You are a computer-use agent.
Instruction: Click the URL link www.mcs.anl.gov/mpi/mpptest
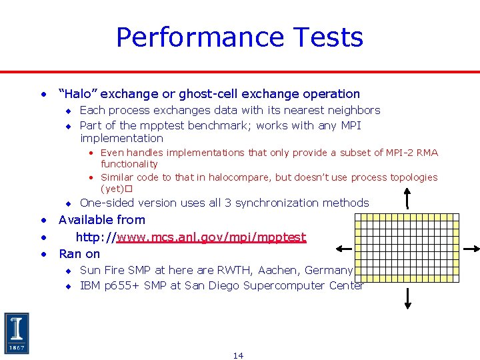point(211,237)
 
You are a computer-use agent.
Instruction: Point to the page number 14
point(238,355)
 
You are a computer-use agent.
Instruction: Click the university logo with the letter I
point(17,333)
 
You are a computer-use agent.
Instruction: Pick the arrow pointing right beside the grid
point(471,249)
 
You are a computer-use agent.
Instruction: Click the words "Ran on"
point(79,253)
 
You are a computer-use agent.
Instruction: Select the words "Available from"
point(102,219)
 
